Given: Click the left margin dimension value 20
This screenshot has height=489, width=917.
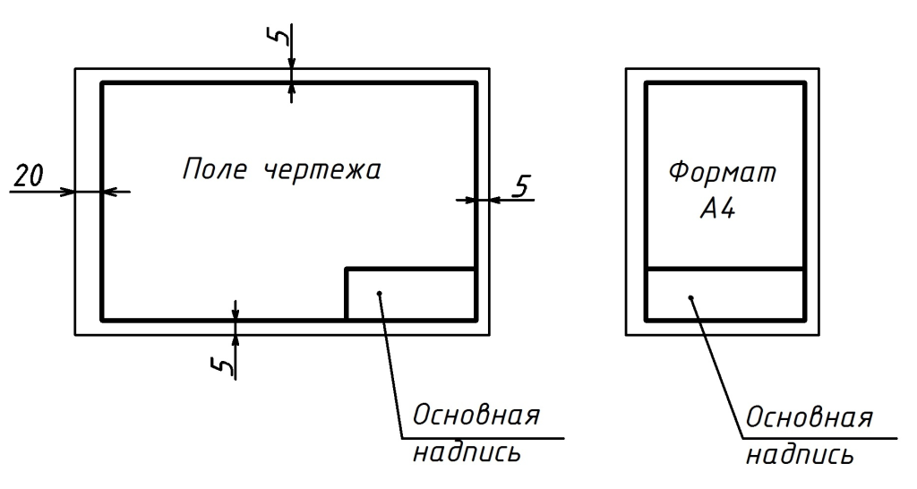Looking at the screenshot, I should (x=30, y=176).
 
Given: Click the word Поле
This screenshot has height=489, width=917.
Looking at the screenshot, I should (x=212, y=169).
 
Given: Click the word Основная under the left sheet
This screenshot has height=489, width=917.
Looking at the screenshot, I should (x=476, y=417).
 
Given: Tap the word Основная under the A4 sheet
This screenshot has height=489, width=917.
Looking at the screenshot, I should (x=810, y=418).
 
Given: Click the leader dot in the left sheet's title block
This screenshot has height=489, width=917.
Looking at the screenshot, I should (x=381, y=293).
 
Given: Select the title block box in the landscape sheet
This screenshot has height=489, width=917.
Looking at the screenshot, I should (x=410, y=293).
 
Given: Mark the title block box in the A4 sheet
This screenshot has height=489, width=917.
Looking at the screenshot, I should (x=725, y=295).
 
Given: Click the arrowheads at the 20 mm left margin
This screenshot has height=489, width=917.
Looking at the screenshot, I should (x=88, y=192).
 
